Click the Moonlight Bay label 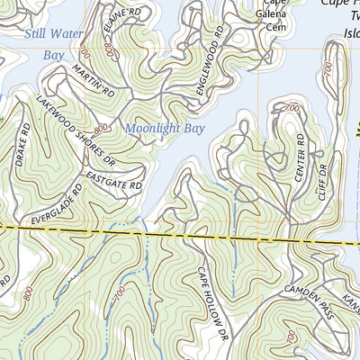coord(165,129)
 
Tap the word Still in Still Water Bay coord(39,36)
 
